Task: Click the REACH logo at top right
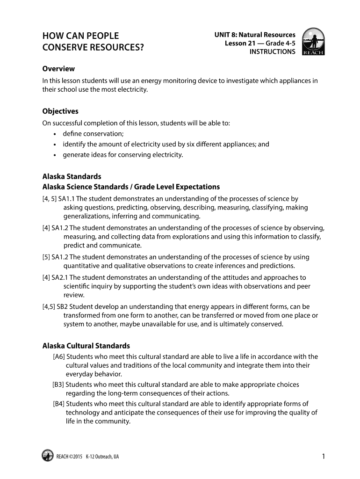[x=313, y=42]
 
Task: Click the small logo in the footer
[x=47, y=456]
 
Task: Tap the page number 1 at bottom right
[x=323, y=456]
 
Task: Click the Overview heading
[x=58, y=69]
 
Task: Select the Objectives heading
[x=60, y=111]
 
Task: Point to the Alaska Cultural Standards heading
[x=86, y=346]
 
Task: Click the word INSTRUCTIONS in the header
[x=272, y=52]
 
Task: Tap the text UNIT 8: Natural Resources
[x=255, y=35]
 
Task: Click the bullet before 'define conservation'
[x=55, y=134]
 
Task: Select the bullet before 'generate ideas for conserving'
[x=55, y=155]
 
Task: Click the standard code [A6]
[x=59, y=356]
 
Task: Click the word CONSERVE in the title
[x=64, y=47]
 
